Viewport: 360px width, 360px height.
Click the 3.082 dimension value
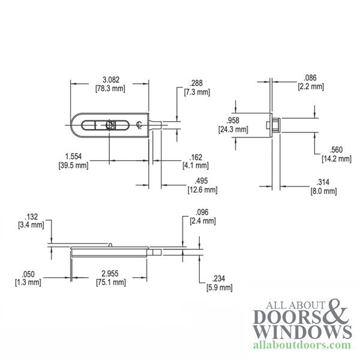point(110,80)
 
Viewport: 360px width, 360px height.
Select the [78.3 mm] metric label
point(110,89)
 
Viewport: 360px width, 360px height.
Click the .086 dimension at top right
point(310,78)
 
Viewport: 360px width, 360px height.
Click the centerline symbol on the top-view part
point(139,125)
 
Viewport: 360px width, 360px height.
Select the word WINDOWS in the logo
point(301,332)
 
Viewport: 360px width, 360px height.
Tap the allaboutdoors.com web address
point(301,346)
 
